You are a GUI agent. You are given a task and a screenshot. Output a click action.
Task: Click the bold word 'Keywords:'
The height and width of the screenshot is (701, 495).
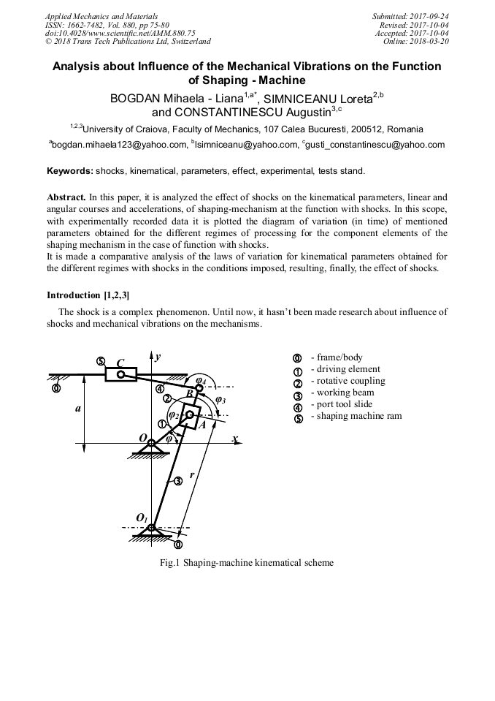(70, 171)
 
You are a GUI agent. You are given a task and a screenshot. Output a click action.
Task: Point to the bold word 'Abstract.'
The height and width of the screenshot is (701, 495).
(66, 197)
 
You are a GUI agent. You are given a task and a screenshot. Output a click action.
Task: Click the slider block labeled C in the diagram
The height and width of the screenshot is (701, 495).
(120, 375)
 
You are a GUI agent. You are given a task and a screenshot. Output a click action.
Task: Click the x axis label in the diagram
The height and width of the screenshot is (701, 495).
(235, 439)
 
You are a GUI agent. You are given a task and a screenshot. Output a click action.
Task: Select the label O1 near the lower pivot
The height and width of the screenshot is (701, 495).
(142, 518)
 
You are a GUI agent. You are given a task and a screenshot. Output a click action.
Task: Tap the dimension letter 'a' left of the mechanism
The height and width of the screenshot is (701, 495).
(77, 409)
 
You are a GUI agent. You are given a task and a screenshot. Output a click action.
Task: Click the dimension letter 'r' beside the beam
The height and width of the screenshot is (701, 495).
(192, 474)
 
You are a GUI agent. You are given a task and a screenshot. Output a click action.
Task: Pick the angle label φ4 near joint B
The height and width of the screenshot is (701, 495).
(201, 381)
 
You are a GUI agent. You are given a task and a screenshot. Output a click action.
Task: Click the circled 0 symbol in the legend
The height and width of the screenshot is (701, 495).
(297, 358)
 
